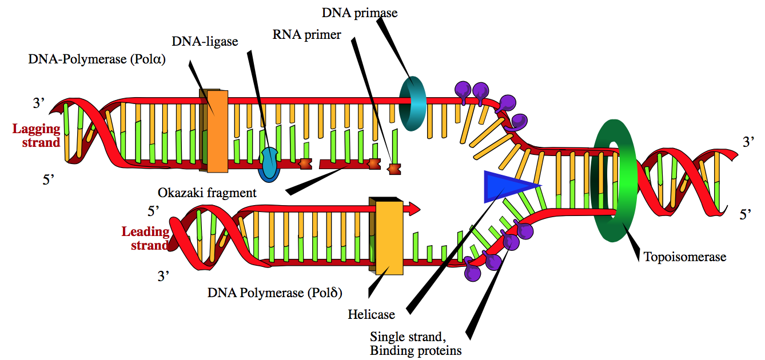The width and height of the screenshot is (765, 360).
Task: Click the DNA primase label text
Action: [x=360, y=13]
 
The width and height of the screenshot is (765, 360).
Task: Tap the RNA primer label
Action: [x=306, y=35]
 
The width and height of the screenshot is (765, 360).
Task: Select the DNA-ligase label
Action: [x=205, y=42]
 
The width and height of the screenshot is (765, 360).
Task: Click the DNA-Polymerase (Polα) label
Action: [x=97, y=59]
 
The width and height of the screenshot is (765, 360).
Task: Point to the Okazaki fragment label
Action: [x=207, y=193]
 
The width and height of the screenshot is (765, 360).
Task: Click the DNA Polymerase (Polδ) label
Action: [x=275, y=293]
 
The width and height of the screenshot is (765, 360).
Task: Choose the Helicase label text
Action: [x=371, y=314]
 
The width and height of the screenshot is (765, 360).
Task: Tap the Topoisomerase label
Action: [x=685, y=257]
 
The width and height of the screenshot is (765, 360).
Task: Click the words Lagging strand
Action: [x=37, y=135]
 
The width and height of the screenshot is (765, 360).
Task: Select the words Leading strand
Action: [x=145, y=238]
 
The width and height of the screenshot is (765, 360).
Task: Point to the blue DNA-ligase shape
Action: [x=269, y=165]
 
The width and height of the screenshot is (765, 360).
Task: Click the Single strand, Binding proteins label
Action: [x=416, y=343]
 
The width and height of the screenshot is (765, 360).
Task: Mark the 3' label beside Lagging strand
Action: [x=38, y=103]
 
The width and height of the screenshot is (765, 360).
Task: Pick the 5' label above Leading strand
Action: [x=153, y=211]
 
